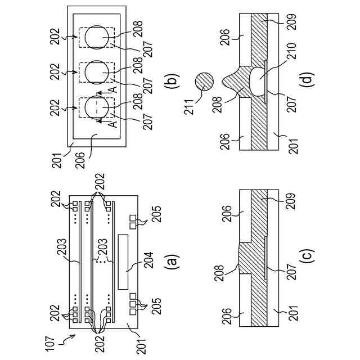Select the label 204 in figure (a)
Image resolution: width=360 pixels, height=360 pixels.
coord(148,260)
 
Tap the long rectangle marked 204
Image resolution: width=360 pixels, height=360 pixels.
coord(123,262)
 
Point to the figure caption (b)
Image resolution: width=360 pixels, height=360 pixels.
coord(173,82)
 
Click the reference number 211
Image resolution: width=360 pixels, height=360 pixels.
coord(189,106)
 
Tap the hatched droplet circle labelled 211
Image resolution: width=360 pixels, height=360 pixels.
coord(204,82)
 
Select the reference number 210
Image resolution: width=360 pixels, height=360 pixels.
coord(292,51)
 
